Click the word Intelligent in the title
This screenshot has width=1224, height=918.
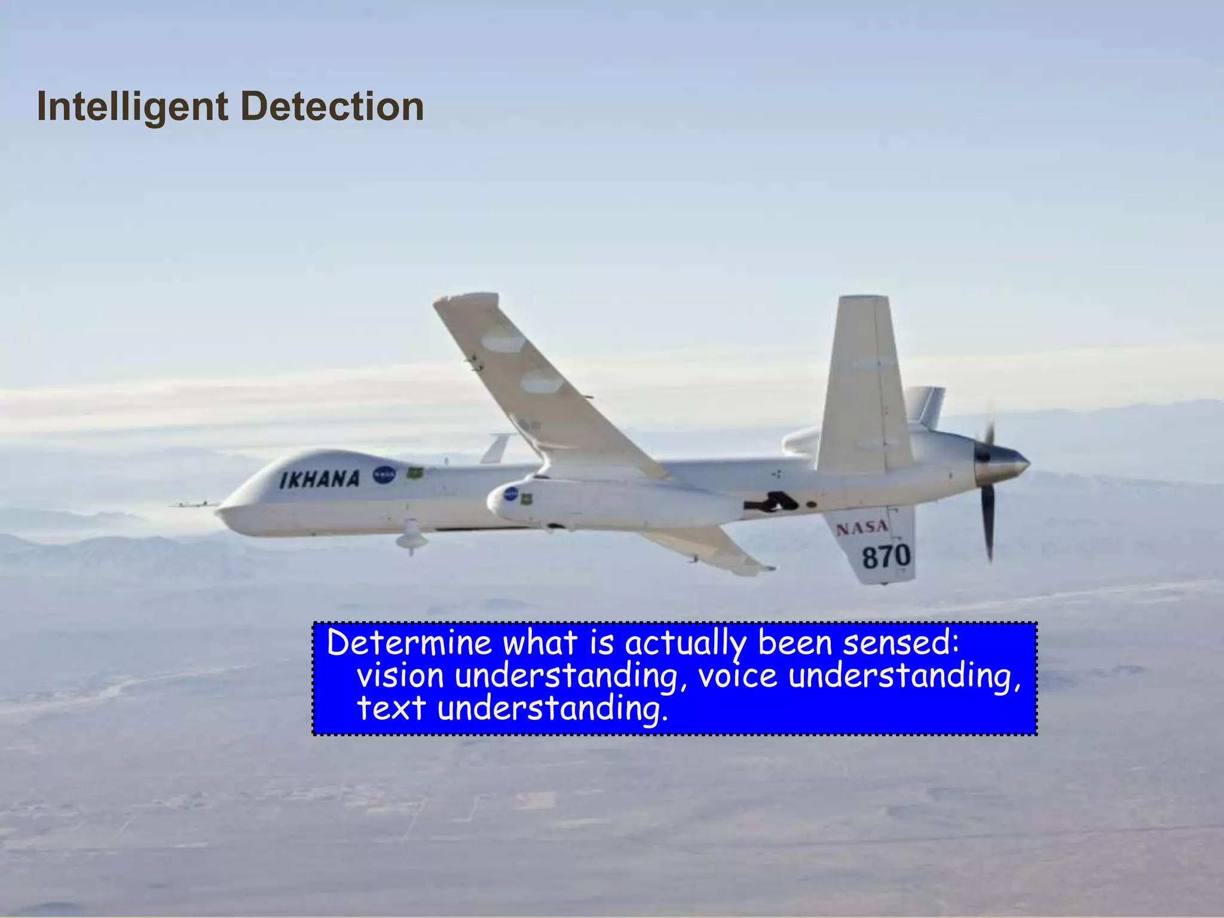tap(132, 107)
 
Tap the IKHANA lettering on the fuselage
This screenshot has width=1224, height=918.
tap(320, 479)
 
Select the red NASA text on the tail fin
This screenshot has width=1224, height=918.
tap(861, 528)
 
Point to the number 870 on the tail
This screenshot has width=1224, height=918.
tap(886, 557)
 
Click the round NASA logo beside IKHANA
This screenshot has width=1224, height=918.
tap(384, 475)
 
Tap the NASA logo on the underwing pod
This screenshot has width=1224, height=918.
tap(511, 494)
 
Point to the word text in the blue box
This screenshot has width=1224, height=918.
tap(391, 709)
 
